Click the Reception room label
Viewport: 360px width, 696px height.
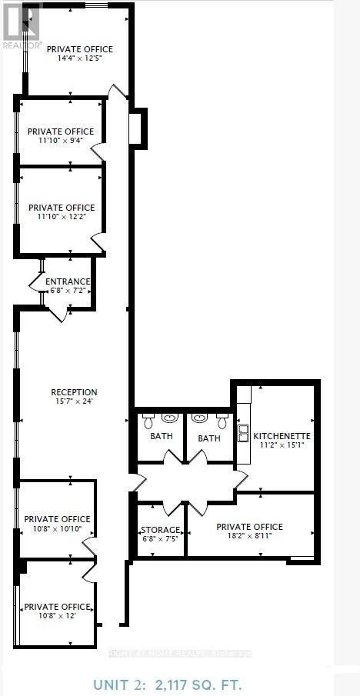coord(75,392)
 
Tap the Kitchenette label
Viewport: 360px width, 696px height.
coord(282,436)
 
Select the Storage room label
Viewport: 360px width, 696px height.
coord(160,530)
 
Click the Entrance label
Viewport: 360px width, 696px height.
coord(68,281)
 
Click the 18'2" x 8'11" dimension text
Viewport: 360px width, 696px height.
coord(249,537)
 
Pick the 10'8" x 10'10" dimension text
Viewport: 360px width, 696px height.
coord(57,529)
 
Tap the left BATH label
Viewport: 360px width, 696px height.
coord(161,436)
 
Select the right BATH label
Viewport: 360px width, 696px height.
coord(209,438)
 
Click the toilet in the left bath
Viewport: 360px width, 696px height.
coord(148,421)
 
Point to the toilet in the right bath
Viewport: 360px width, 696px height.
coord(222,421)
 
